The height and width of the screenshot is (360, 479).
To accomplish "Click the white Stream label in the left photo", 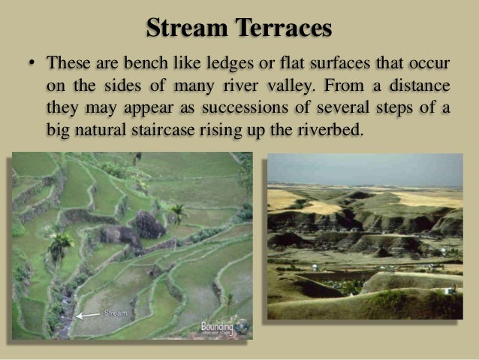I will click(x=115, y=312).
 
